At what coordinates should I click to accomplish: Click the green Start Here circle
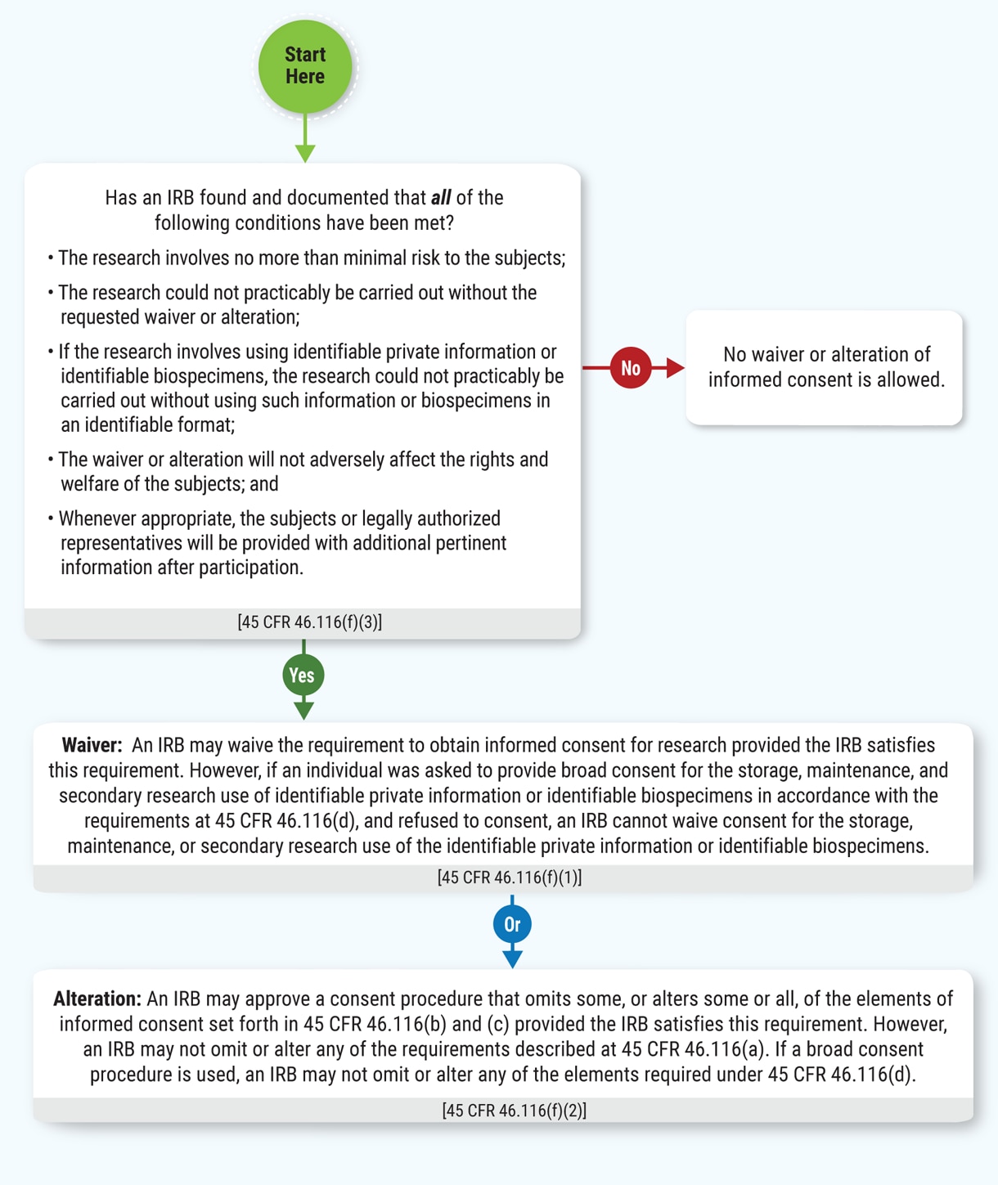(305, 66)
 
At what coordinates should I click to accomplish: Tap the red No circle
(630, 368)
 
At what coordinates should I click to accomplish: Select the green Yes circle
(303, 675)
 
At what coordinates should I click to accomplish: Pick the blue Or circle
(512, 924)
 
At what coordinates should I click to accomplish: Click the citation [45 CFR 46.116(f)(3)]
(310, 622)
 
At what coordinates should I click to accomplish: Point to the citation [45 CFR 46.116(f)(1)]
(510, 878)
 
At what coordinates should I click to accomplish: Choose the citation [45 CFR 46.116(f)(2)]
(515, 1111)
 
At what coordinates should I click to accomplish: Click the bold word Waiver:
(92, 745)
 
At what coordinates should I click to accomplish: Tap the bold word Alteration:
(97, 999)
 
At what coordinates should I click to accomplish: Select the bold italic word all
(441, 198)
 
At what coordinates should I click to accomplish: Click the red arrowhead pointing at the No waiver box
(675, 368)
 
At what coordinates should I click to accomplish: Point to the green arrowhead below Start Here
(305, 153)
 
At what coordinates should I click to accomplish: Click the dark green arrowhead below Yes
(303, 710)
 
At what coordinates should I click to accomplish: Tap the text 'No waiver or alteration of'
(826, 355)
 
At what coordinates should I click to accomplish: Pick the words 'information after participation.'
(182, 568)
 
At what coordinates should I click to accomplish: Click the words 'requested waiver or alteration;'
(180, 317)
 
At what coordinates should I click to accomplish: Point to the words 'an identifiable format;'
(147, 425)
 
